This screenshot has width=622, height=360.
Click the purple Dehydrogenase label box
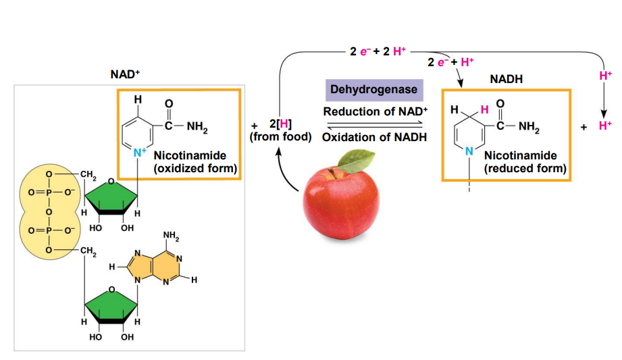[374, 90]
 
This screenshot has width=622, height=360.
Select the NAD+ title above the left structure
[125, 74]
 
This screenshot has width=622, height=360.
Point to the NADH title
[506, 79]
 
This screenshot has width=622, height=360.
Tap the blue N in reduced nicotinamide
[469, 151]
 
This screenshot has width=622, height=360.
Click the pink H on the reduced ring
[484, 109]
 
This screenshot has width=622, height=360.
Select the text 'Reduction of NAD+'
[375, 111]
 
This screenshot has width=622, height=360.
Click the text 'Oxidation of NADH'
[374, 137]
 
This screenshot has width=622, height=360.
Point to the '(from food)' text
[280, 137]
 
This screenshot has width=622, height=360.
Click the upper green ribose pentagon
[111, 197]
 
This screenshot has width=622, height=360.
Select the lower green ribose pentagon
[111, 305]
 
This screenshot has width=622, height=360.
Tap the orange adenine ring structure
[154, 267]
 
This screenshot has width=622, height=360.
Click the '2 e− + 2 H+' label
[378, 51]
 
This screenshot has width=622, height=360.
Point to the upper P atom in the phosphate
[49, 192]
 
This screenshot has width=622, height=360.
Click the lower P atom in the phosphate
[49, 230]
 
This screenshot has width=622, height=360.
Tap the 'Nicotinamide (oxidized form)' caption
[195, 162]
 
